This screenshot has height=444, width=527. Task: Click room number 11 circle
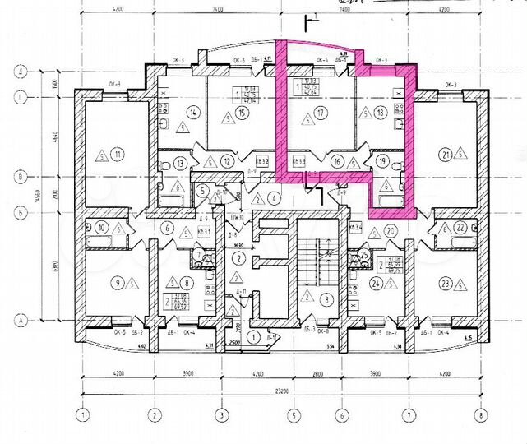point(118,153)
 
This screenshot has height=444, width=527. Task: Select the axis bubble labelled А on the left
point(15,319)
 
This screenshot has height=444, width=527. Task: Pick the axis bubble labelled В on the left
point(15,174)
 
